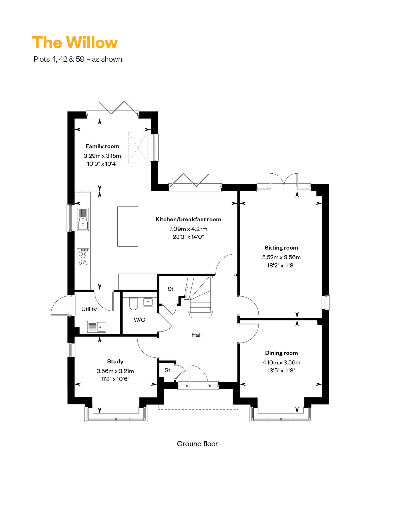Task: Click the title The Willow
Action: pyautogui.click(x=75, y=42)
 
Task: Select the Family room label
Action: pyautogui.click(x=102, y=146)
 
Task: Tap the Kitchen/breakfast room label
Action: pyautogui.click(x=188, y=219)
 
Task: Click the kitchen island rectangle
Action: pyautogui.click(x=128, y=226)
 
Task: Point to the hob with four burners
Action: pyautogui.click(x=83, y=258)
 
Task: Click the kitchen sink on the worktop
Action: pyautogui.click(x=83, y=219)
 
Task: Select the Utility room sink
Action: pyautogui.click(x=97, y=327)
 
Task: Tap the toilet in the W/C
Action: pyautogui.click(x=134, y=304)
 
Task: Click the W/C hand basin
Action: pyautogui.click(x=148, y=302)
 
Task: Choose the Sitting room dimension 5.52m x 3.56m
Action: pyautogui.click(x=281, y=257)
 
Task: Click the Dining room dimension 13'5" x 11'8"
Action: pyautogui.click(x=281, y=370)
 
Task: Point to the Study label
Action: pyautogui.click(x=115, y=362)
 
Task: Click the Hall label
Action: pyautogui.click(x=196, y=335)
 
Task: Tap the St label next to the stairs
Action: pyautogui.click(x=171, y=289)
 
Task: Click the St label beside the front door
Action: pyautogui.click(x=167, y=370)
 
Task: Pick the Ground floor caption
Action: pyautogui.click(x=197, y=444)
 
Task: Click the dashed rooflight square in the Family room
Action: pyautogui.click(x=138, y=148)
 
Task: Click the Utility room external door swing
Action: pyautogui.click(x=60, y=305)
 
